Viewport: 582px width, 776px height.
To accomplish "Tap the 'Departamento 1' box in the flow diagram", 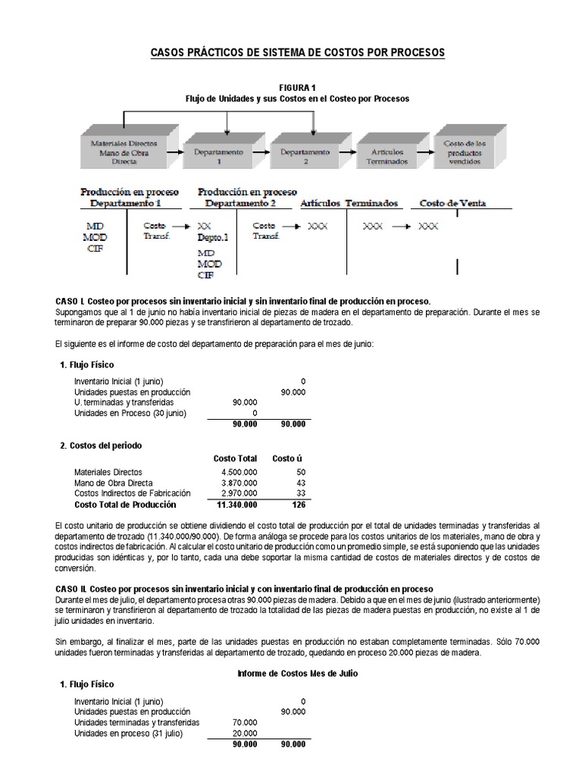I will click(x=217, y=156).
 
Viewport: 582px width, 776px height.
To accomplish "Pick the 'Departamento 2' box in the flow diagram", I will click(x=305, y=156).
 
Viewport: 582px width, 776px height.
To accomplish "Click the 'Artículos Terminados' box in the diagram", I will click(x=386, y=156).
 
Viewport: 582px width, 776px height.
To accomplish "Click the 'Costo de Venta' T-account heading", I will click(x=452, y=203).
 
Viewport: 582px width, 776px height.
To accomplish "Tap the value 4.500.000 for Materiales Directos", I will click(x=239, y=472).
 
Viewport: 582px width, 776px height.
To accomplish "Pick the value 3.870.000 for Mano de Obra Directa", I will click(x=239, y=483).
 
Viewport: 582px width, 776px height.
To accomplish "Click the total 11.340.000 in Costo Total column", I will click(x=236, y=505).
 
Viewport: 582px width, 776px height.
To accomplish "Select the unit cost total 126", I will click(x=297, y=505).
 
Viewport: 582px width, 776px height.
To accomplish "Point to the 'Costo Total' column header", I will click(x=235, y=458).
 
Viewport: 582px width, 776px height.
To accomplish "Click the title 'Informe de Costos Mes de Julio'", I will click(x=297, y=674).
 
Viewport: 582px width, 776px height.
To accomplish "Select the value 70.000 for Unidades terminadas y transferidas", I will click(x=244, y=723).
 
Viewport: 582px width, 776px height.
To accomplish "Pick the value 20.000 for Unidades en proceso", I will click(x=244, y=734).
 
